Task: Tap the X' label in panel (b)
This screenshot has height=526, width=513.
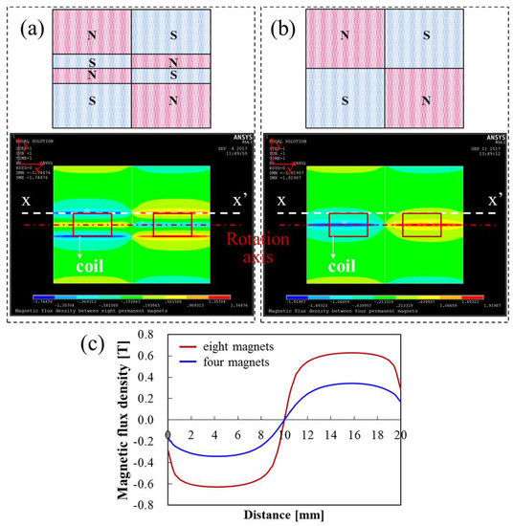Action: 496,203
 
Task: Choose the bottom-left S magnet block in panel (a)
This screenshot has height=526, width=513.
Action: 91,99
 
